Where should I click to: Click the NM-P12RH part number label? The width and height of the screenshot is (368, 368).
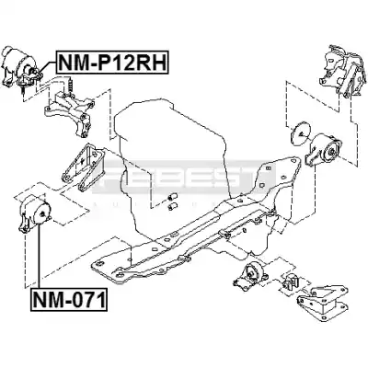112,63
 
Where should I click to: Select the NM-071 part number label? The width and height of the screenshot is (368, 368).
69,300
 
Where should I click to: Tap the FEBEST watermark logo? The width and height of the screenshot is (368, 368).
184,178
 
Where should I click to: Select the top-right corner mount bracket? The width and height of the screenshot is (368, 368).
342,71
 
